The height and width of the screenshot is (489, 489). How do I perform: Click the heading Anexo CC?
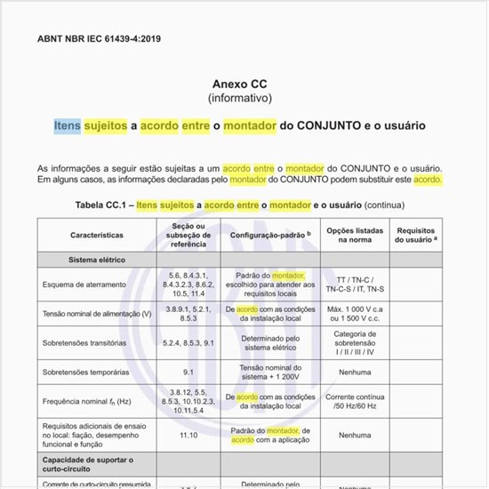point(239,84)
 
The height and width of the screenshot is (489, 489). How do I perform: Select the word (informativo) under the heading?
point(239,97)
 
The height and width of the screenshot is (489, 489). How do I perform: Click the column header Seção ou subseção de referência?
point(188,236)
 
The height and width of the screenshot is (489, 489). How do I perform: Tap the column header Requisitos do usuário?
point(416,236)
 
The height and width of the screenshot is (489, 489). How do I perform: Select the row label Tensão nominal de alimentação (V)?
point(97,314)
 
